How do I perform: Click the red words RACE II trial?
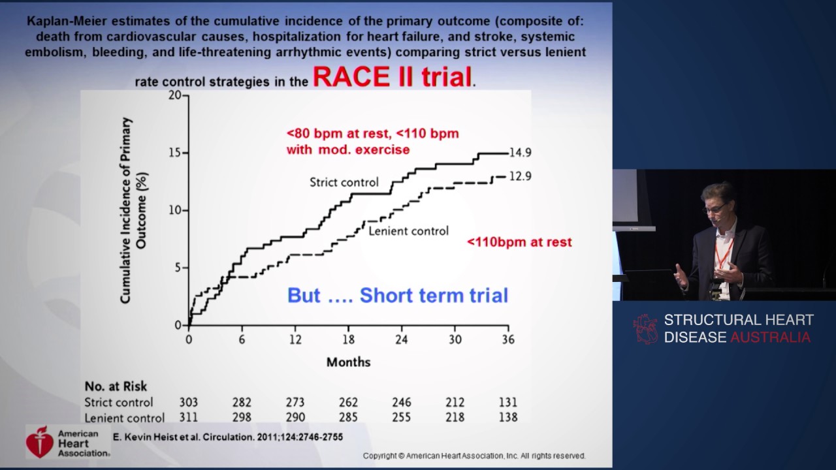[393, 77]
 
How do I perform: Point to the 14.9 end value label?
[521, 153]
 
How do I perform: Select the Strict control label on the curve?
[344, 182]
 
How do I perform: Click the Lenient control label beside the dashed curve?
[409, 230]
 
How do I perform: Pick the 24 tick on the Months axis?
[402, 339]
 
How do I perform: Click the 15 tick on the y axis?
[176, 153]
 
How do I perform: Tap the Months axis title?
[348, 362]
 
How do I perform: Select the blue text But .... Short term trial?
[397, 295]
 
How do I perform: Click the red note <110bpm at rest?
[519, 242]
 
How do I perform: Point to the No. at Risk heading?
[116, 386]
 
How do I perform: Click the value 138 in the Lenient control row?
[507, 417]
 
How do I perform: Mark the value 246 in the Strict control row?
[402, 402]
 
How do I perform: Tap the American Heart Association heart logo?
[40, 442]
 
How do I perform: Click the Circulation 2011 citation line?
[228, 437]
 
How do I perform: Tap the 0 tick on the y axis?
[178, 325]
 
